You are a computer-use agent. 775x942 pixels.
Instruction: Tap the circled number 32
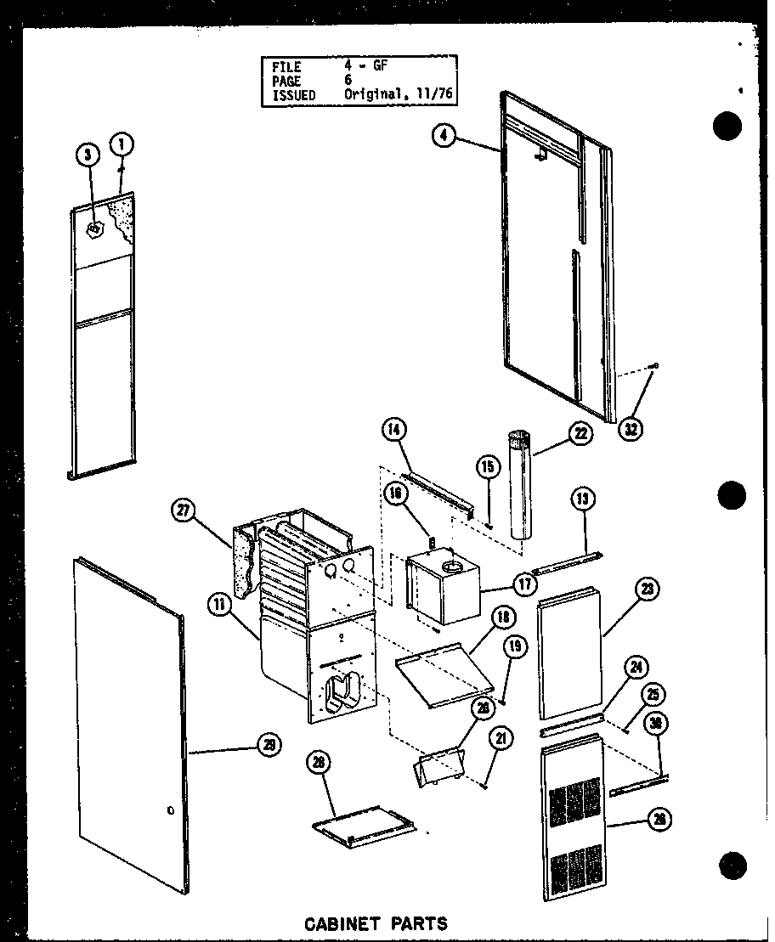(x=630, y=429)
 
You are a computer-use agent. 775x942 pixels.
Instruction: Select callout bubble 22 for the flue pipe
(x=580, y=434)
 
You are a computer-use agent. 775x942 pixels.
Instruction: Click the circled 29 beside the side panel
(x=269, y=745)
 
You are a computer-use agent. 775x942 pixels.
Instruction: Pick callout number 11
(x=219, y=606)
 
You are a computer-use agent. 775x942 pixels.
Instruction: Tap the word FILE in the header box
(x=286, y=66)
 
